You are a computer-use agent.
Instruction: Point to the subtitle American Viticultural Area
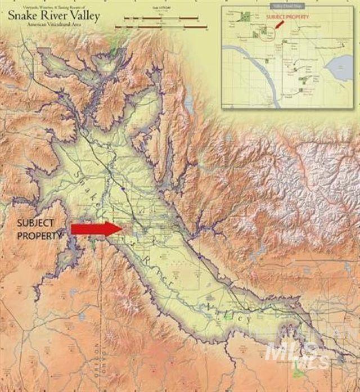click(53, 26)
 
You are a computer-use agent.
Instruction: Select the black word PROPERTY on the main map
click(39, 236)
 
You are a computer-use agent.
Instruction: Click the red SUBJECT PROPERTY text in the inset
click(287, 17)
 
